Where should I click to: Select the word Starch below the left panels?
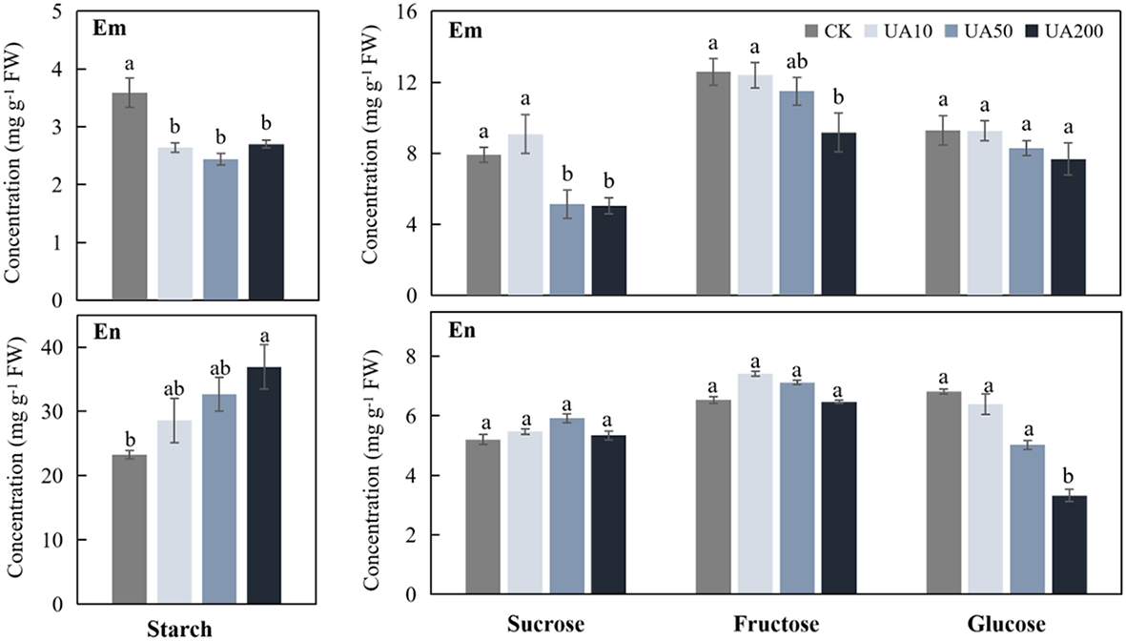click(179, 629)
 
